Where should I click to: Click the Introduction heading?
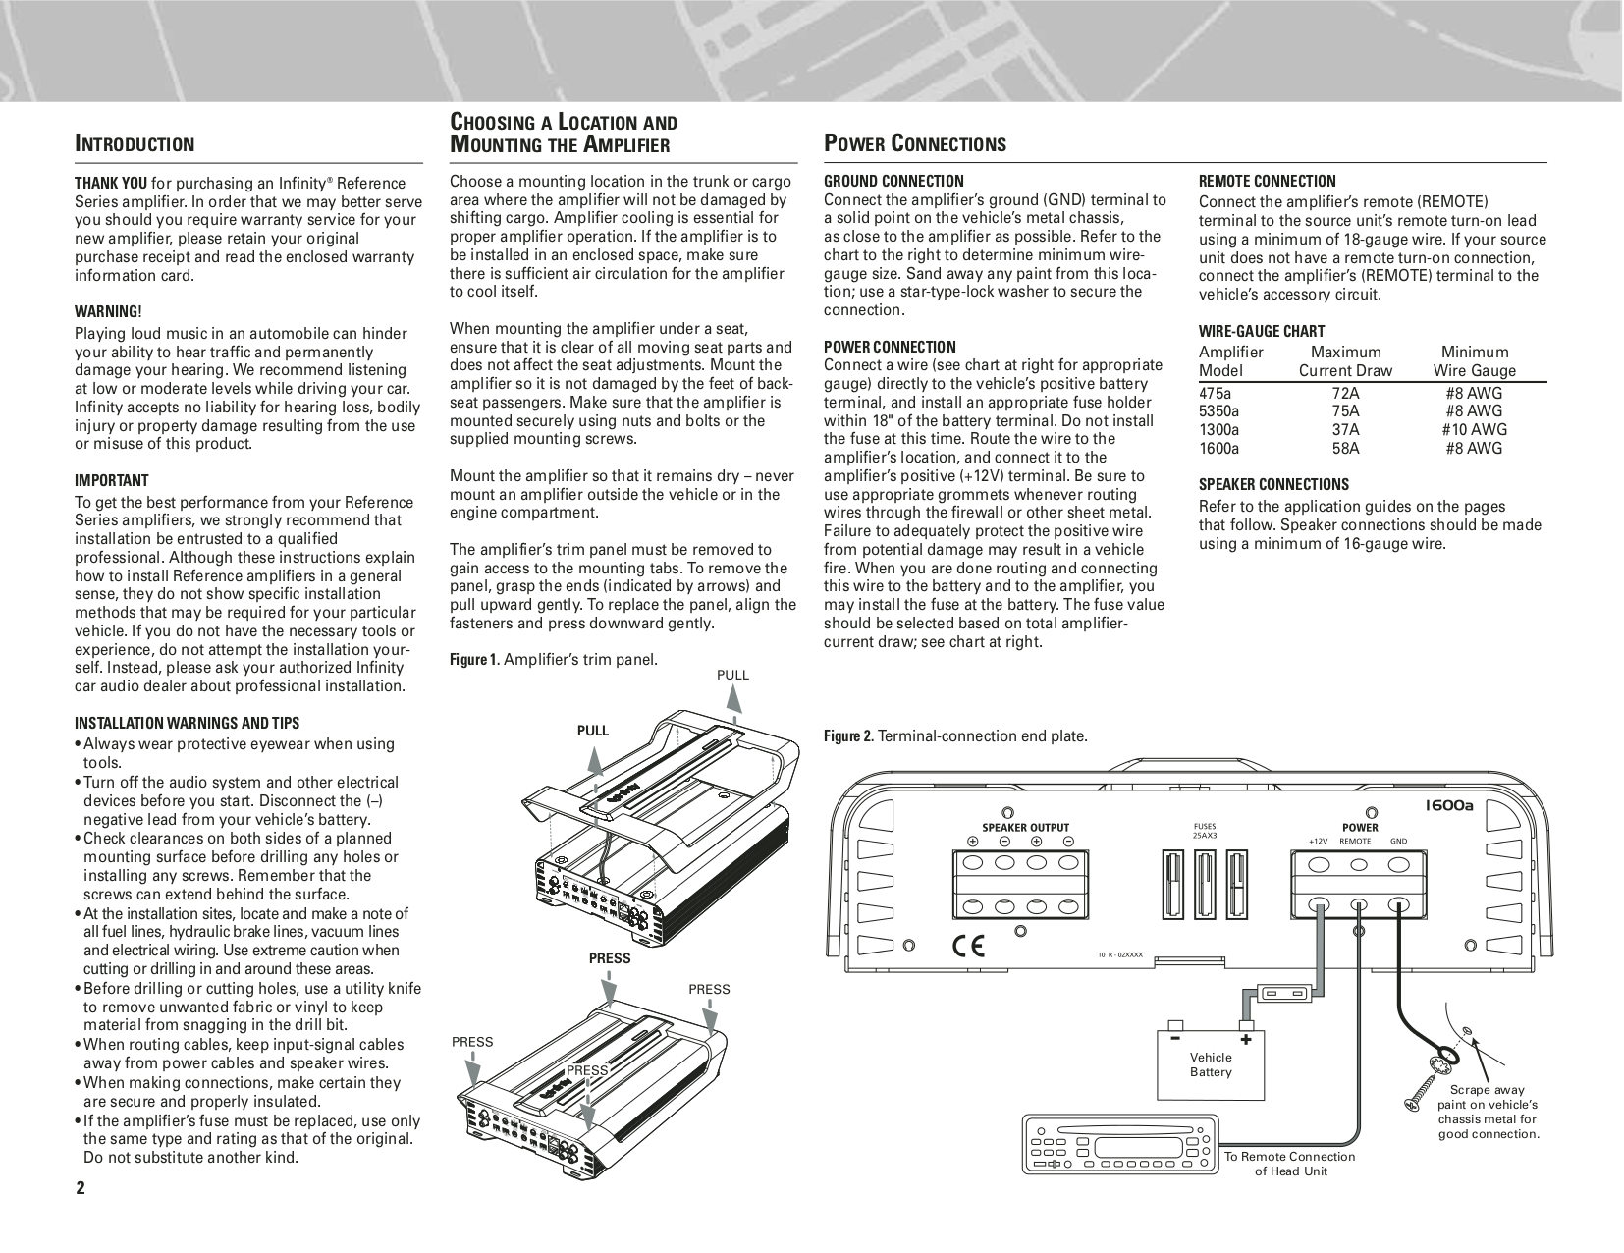135,144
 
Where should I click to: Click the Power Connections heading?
914,144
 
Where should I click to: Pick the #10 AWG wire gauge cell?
1474,429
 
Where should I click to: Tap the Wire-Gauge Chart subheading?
1261,331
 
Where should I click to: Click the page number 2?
81,1188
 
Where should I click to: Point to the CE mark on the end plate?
969,947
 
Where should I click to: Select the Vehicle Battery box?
1211,1063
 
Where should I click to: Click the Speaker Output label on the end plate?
1025,828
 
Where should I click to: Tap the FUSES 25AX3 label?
1204,831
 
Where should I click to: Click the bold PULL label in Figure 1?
592,731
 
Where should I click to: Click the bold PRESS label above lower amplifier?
610,958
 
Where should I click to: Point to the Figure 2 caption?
954,736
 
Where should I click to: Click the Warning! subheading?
108,311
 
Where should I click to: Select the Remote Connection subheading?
1267,181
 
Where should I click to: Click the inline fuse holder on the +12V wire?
1283,993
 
